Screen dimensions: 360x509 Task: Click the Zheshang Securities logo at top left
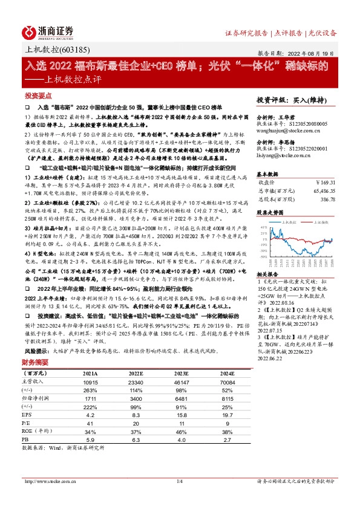tap(48, 31)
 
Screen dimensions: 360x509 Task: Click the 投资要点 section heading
tap(38, 96)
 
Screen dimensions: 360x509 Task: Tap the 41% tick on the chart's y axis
tap(264, 227)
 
